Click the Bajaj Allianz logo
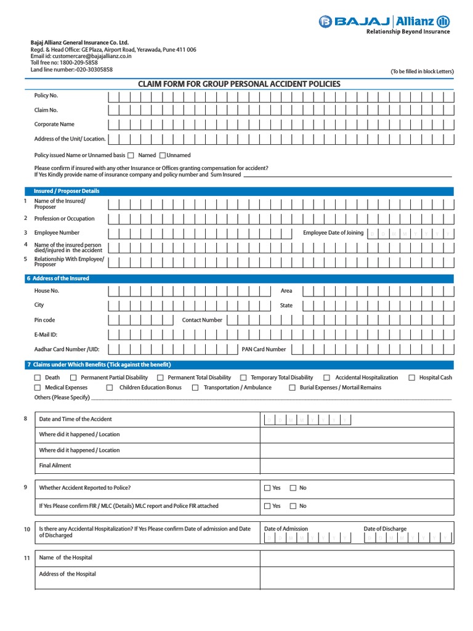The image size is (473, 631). point(384,22)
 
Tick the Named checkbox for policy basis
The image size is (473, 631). point(131,156)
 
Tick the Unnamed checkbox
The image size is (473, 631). point(163,156)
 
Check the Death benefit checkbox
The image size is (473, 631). point(38,378)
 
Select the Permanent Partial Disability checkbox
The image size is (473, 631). point(73,378)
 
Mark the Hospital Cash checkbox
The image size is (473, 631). point(411,378)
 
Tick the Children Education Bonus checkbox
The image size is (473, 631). point(110,388)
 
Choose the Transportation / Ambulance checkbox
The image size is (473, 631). point(195,388)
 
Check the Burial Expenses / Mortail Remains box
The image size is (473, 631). point(293,388)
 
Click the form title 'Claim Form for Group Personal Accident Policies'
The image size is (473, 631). point(239,84)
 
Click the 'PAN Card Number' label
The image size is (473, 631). point(264,349)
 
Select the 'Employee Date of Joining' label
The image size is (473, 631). point(333,233)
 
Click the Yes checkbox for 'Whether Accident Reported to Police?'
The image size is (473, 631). point(267,488)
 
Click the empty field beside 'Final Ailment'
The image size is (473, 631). point(357,466)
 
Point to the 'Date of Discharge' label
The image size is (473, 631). point(385,529)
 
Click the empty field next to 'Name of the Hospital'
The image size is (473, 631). point(357,558)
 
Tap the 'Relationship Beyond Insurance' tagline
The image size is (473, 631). point(408,32)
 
